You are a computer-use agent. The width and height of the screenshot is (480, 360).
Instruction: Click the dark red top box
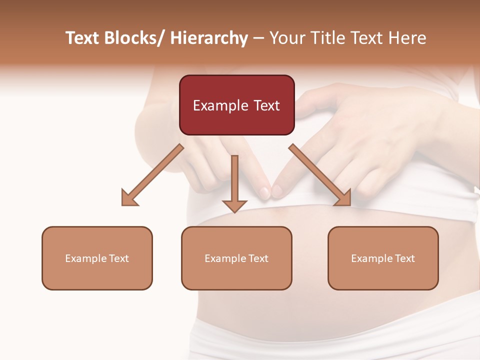pos(236,105)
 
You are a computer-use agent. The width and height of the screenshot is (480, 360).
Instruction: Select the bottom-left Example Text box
pos(97,258)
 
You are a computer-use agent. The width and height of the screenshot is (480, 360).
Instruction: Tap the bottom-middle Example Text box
pos(236,258)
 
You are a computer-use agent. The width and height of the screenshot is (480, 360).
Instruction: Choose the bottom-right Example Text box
pos(383,258)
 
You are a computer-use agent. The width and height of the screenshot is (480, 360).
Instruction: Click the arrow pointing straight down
pos(234,185)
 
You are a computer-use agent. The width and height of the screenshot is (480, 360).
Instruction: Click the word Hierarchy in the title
pos(209,38)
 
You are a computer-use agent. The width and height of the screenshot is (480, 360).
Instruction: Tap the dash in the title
pos(258,38)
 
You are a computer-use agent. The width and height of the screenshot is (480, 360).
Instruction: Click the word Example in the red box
pos(220,105)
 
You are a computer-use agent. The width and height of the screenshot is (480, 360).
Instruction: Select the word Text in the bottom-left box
pos(118,258)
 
